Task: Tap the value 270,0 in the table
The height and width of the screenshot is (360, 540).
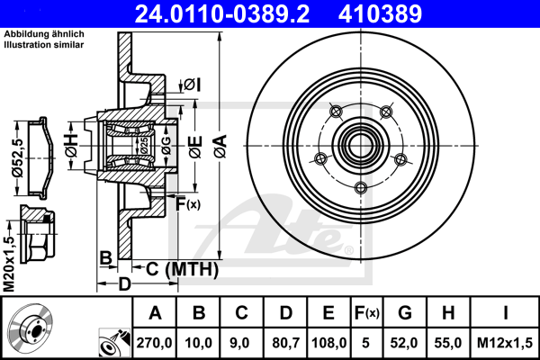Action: pyautogui.click(x=156, y=343)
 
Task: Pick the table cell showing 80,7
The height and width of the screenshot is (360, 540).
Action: pyautogui.click(x=285, y=343)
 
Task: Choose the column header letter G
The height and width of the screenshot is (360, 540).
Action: pyautogui.click(x=406, y=314)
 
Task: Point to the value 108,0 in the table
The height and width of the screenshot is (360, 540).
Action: pyautogui.click(x=328, y=343)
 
